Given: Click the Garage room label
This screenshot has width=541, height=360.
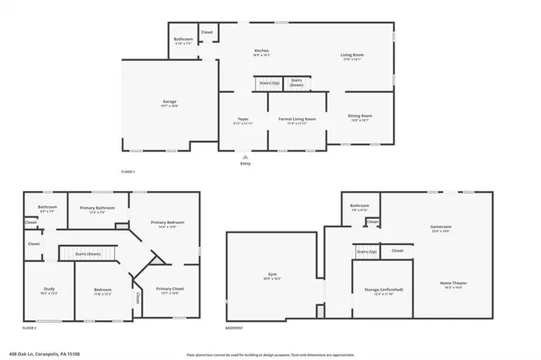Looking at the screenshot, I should [x=170, y=101].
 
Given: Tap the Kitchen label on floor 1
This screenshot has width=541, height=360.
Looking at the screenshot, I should [x=261, y=51].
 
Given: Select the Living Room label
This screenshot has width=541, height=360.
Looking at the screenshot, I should [x=352, y=55].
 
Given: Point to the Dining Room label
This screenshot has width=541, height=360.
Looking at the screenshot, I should [x=360, y=116].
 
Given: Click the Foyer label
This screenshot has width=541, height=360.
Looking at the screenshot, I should [x=243, y=120].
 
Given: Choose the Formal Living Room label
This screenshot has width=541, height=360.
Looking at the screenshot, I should [x=298, y=120].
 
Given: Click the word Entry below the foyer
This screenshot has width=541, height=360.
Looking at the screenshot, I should [x=245, y=164].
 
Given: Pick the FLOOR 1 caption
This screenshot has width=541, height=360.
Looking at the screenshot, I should [x=128, y=172].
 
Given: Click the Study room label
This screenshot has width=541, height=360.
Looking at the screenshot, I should [x=49, y=289].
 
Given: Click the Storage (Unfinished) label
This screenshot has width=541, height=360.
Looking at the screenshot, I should [x=382, y=290].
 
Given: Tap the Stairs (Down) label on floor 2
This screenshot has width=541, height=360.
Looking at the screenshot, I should [x=88, y=254].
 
